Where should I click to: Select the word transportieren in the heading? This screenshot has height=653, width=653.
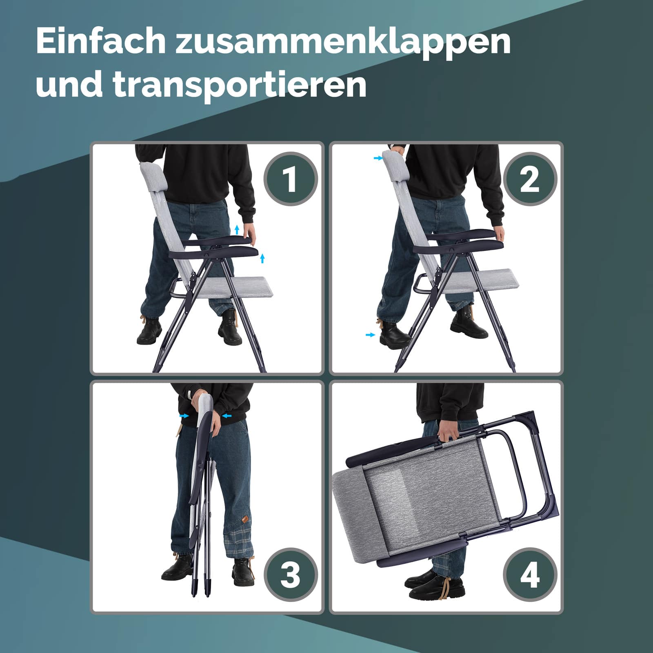pos(240,86)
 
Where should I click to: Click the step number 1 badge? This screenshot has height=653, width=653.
pos(290,179)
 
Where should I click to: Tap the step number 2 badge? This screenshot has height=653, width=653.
pos(530,179)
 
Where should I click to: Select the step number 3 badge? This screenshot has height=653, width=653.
pos(290,575)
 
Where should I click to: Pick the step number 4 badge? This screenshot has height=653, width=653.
pos(530,575)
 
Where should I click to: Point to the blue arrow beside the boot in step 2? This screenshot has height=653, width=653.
pos(370,335)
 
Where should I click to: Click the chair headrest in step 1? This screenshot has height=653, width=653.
pos(153,177)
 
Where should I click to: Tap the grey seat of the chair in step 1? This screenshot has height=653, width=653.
pos(233,286)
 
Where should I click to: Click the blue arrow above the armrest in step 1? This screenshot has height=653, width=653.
pos(237,229)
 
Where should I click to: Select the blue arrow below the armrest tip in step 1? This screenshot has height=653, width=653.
pos(262,258)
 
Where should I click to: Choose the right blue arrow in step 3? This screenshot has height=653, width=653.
pos(227,416)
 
